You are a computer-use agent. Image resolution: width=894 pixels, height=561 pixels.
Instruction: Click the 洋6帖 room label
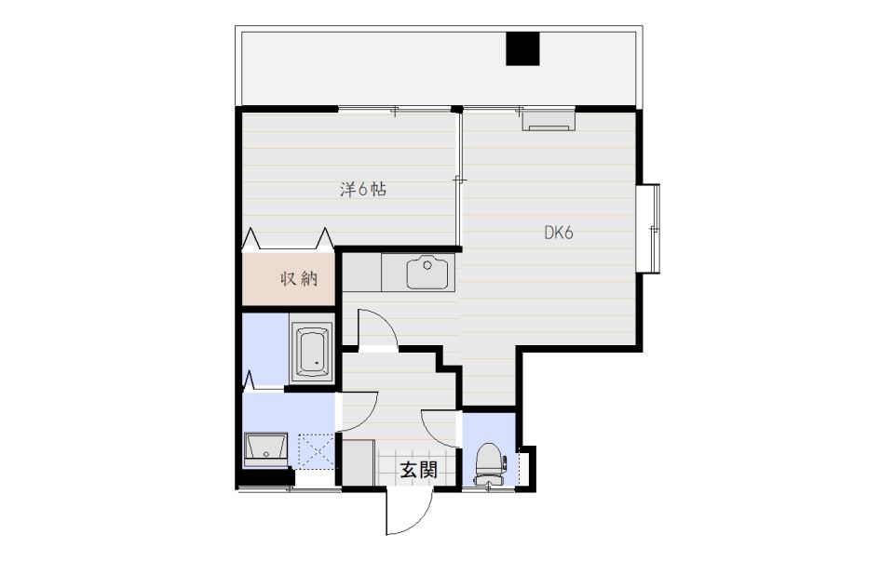pos(363,189)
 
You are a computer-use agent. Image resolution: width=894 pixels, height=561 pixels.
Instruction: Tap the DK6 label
pos(558,233)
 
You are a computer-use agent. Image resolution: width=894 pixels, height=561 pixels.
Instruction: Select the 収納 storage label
pos(299,278)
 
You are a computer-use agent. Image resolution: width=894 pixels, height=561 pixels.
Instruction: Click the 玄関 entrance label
pos(418,470)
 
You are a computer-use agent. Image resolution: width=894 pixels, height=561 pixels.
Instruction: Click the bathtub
pos(311,353)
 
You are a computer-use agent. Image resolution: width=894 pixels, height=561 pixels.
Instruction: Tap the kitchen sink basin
pos(427,273)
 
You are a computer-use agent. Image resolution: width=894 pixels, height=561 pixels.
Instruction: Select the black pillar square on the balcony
pos(522,48)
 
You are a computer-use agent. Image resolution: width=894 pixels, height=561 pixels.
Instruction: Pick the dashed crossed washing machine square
pos(316,451)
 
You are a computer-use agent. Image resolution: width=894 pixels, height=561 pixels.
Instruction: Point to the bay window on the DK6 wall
pos(648,228)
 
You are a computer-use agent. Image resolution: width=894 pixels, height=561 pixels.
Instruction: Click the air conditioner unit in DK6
pos(549,121)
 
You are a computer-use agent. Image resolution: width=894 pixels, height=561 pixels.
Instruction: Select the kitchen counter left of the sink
pos(361,273)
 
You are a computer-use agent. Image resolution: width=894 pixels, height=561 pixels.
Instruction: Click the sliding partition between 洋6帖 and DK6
pos(459,180)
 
